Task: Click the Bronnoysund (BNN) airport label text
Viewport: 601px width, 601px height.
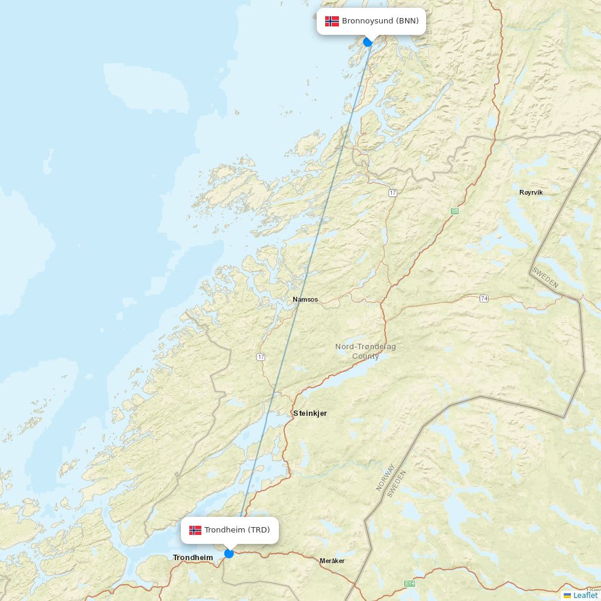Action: [380, 21]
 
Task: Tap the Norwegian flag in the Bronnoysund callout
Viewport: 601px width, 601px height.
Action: [332, 21]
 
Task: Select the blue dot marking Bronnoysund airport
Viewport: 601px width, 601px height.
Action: [368, 41]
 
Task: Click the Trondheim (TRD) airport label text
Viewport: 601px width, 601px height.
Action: [237, 530]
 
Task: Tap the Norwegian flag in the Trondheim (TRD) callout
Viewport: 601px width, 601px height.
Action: [195, 530]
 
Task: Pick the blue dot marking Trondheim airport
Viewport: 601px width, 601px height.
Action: [229, 553]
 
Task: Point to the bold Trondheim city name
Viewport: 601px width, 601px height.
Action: [193, 558]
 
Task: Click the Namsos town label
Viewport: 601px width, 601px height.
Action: [305, 299]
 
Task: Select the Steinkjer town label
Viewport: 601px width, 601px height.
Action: [310, 413]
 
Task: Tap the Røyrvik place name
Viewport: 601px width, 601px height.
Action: [531, 192]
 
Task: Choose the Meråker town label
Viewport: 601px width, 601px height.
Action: [332, 561]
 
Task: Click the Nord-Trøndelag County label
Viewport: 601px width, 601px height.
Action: [365, 352]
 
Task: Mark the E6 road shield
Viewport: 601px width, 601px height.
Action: [455, 211]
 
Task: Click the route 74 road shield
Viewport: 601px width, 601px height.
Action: [484, 298]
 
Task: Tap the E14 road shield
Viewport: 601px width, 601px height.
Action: [410, 584]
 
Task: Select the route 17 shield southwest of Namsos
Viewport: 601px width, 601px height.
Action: [261, 357]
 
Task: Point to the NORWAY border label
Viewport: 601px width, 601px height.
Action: [385, 477]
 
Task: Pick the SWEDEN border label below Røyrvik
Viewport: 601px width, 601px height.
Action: [545, 277]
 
